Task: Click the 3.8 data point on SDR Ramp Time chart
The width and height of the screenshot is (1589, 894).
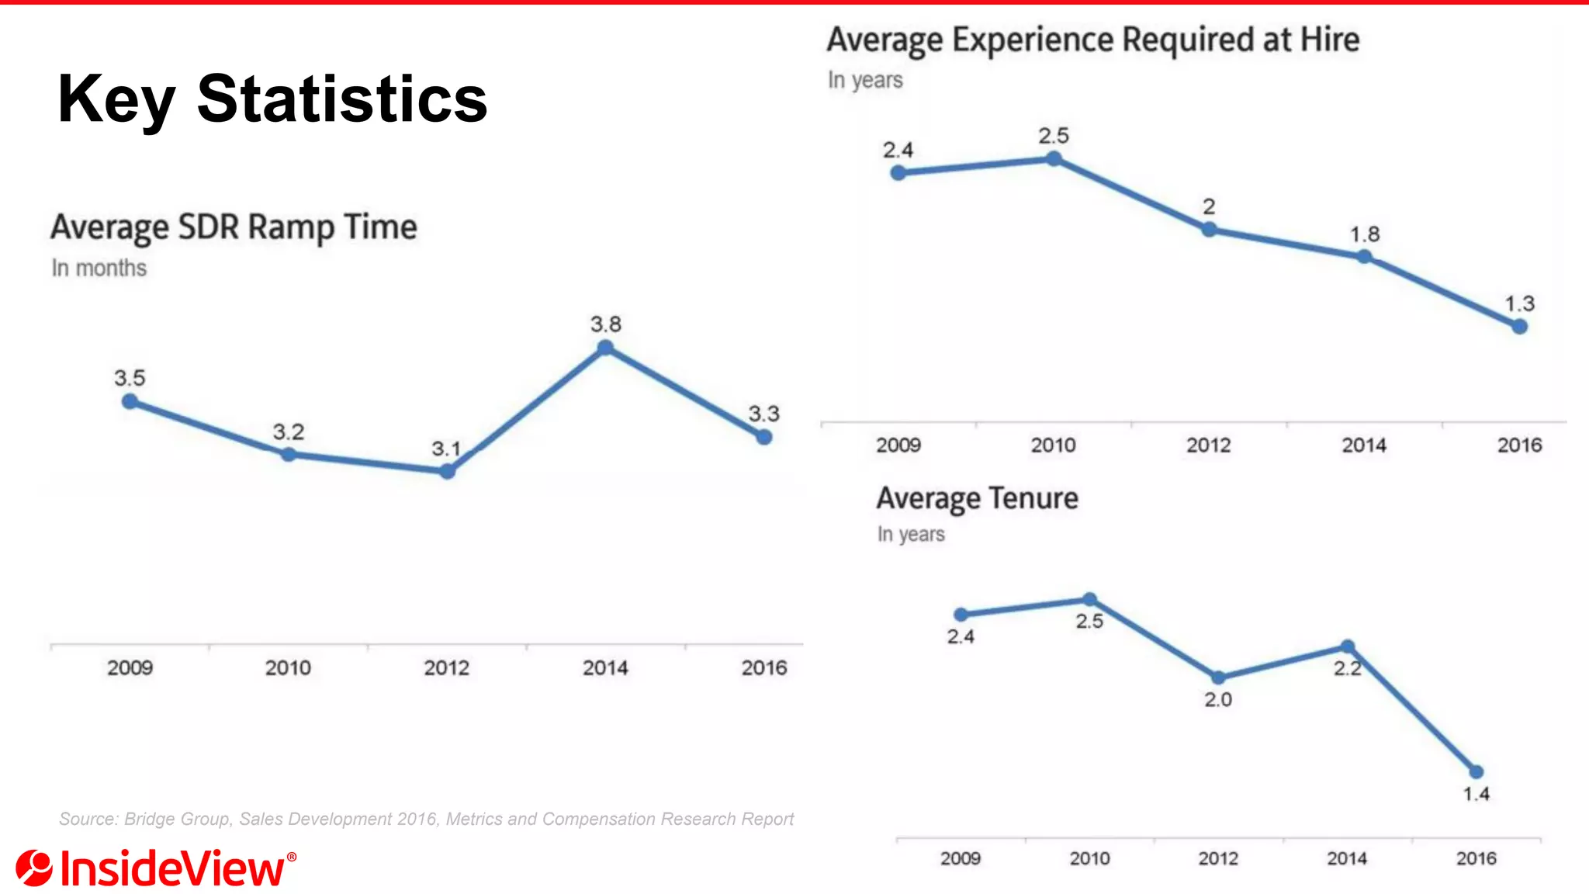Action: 606,348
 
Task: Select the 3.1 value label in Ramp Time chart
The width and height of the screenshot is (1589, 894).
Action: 446,449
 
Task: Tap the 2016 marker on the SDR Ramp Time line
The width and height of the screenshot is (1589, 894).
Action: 764,437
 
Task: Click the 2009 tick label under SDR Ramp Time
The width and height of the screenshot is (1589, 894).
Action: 130,667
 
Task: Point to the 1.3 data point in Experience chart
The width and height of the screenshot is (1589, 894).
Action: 1520,327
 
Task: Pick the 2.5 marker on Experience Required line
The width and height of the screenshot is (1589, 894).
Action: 1054,158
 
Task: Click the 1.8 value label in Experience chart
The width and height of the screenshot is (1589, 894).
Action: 1365,234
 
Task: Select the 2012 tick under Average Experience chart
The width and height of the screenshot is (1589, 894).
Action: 1208,445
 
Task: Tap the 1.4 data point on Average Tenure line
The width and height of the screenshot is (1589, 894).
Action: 1476,771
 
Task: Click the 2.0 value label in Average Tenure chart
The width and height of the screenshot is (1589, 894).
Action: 1218,699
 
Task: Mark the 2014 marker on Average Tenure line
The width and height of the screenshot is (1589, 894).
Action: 1348,646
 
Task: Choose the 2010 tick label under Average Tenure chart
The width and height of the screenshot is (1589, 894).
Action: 1089,858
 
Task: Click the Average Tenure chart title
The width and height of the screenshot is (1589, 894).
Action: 977,498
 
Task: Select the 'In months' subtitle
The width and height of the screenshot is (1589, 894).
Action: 99,268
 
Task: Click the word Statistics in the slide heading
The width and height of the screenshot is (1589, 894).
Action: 342,99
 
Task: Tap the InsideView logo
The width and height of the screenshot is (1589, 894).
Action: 155,868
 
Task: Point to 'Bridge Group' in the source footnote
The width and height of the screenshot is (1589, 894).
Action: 177,819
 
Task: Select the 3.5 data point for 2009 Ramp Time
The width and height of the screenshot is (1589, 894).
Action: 130,401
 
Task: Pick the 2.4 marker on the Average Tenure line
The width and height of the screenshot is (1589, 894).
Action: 961,615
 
